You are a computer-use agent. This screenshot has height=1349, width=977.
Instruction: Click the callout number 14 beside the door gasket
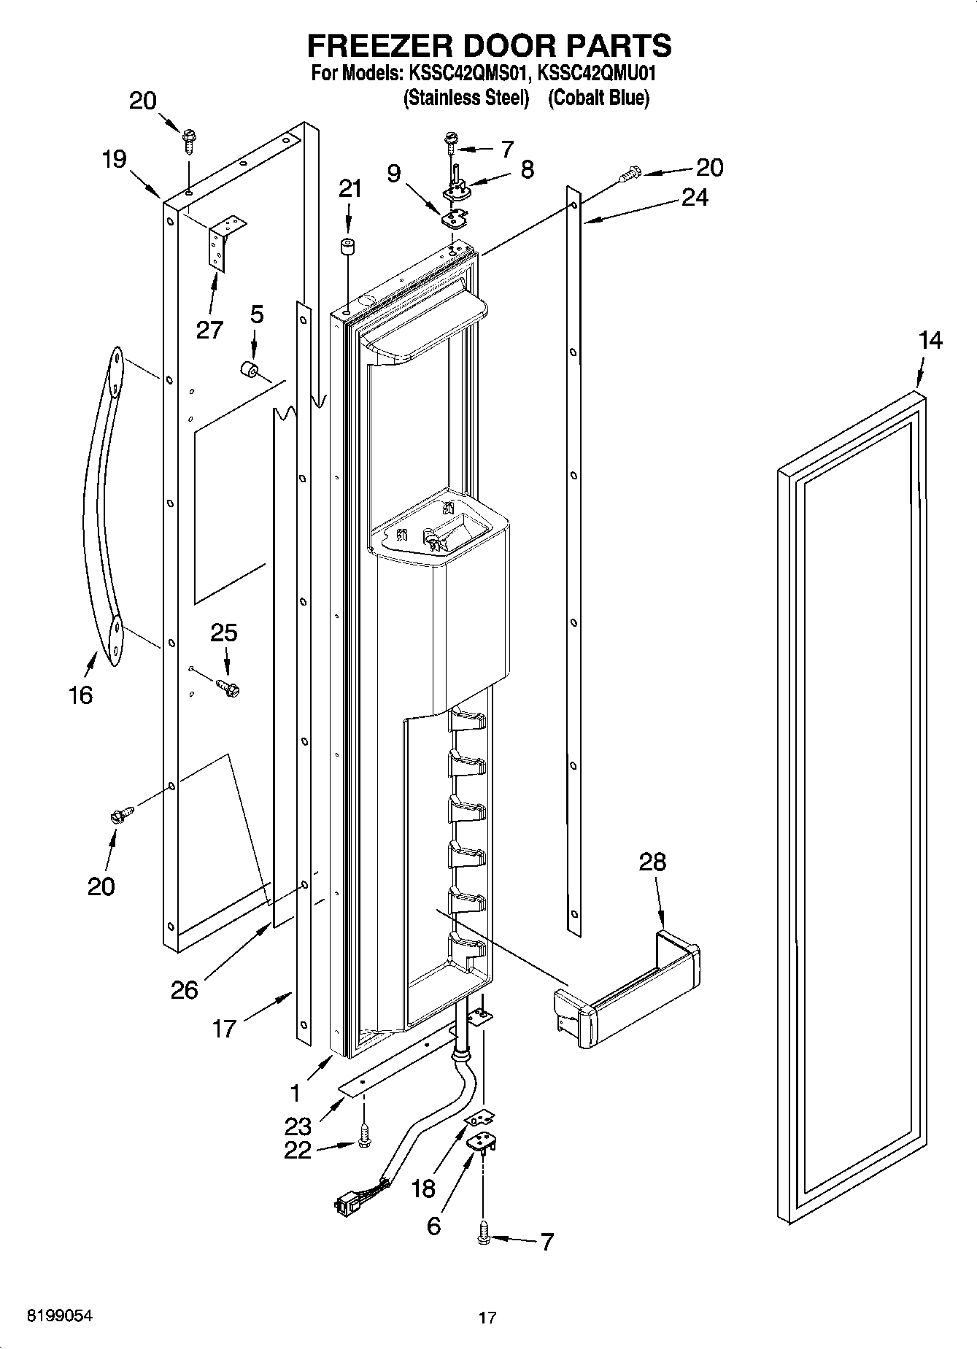(x=930, y=341)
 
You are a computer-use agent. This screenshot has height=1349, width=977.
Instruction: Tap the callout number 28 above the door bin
(x=652, y=862)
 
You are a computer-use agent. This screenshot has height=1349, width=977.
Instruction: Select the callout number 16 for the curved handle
(x=80, y=695)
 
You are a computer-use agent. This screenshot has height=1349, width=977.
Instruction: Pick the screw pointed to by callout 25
(x=228, y=687)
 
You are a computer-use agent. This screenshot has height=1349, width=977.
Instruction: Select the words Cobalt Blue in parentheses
(x=598, y=98)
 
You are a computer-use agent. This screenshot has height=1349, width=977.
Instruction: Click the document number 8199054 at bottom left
(x=60, y=1315)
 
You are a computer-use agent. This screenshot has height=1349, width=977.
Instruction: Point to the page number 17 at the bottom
(x=487, y=1318)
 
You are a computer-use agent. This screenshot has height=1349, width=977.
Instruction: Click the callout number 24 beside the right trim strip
(x=694, y=197)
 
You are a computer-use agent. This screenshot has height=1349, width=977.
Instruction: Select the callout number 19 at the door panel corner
(x=114, y=159)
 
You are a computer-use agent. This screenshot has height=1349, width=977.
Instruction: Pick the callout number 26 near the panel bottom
(x=184, y=989)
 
